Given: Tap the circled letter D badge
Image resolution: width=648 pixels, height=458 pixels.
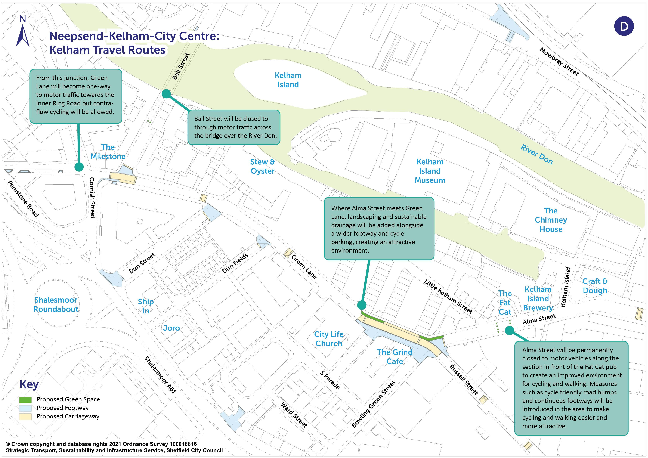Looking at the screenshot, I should click(x=624, y=26).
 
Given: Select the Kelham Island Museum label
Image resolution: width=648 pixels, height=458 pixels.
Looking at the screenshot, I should click(x=430, y=171).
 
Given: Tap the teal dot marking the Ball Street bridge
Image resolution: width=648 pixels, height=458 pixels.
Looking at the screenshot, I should click(x=166, y=94).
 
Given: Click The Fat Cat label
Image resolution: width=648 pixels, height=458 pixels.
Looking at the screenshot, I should click(x=505, y=303).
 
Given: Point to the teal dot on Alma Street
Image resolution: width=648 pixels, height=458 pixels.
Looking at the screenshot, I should click(x=509, y=330).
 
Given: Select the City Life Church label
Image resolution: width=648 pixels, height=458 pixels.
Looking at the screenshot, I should click(x=329, y=339).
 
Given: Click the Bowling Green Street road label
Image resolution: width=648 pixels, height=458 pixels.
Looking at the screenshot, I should click(x=373, y=404).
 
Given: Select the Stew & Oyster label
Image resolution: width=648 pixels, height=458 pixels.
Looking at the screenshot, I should click(x=262, y=167).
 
